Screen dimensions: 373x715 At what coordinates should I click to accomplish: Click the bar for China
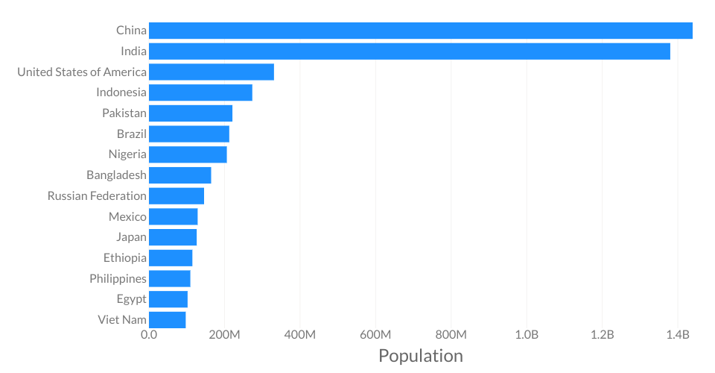point(421,31)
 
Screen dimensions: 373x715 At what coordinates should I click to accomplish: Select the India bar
point(410,51)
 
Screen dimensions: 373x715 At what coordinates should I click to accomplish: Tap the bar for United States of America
point(212,72)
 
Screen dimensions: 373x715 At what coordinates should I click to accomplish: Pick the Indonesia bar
point(200,93)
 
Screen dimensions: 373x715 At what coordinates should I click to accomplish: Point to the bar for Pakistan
point(191,113)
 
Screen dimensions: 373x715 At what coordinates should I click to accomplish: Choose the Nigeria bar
point(188,154)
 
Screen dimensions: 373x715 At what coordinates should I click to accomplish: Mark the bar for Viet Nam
point(168,320)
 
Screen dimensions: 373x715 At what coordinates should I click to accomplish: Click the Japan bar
point(173,237)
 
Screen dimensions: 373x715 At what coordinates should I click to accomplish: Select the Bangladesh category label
point(116,175)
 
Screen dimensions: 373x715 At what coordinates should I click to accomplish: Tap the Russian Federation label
point(97,196)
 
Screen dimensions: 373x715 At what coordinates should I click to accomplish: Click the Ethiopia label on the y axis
point(125,258)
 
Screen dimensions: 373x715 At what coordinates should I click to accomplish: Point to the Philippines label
point(118,279)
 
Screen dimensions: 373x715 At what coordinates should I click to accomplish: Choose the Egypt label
point(131,299)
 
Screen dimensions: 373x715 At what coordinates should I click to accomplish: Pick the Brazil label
point(132,134)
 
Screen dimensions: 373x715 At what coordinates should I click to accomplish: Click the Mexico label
point(127,216)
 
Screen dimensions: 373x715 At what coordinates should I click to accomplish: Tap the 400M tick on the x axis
point(300,335)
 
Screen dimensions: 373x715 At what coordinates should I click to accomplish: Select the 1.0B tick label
point(527,335)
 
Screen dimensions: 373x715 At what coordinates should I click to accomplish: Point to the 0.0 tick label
point(149,335)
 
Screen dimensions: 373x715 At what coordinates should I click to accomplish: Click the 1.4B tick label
point(678,335)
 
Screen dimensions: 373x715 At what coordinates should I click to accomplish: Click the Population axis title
point(421,356)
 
